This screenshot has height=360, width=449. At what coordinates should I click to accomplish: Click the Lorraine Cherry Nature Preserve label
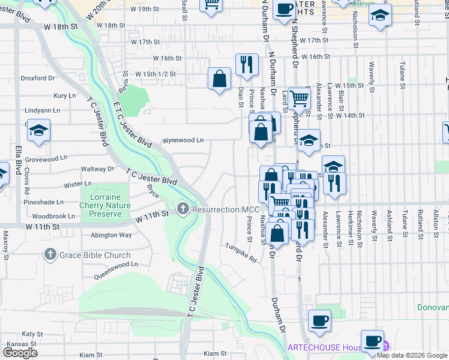pos(101,205)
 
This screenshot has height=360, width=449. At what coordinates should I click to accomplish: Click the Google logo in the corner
pos(20,353)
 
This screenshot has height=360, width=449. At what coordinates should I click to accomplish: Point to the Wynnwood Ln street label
pos(183,140)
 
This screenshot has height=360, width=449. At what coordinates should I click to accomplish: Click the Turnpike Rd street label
pos(241,253)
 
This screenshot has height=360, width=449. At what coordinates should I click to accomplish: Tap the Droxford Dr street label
pos(38,78)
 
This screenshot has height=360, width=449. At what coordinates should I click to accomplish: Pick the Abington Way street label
pos(111,235)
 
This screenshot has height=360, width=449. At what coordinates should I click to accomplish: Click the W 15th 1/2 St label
pos(155,74)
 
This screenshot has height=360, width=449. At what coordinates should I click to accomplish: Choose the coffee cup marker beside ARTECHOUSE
pos(372,341)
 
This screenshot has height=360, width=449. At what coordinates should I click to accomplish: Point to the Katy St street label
pos(28,333)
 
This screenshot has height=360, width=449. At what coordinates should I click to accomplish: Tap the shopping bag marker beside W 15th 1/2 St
pos(219,79)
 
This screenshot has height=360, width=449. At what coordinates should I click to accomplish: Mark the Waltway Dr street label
pos(97,170)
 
